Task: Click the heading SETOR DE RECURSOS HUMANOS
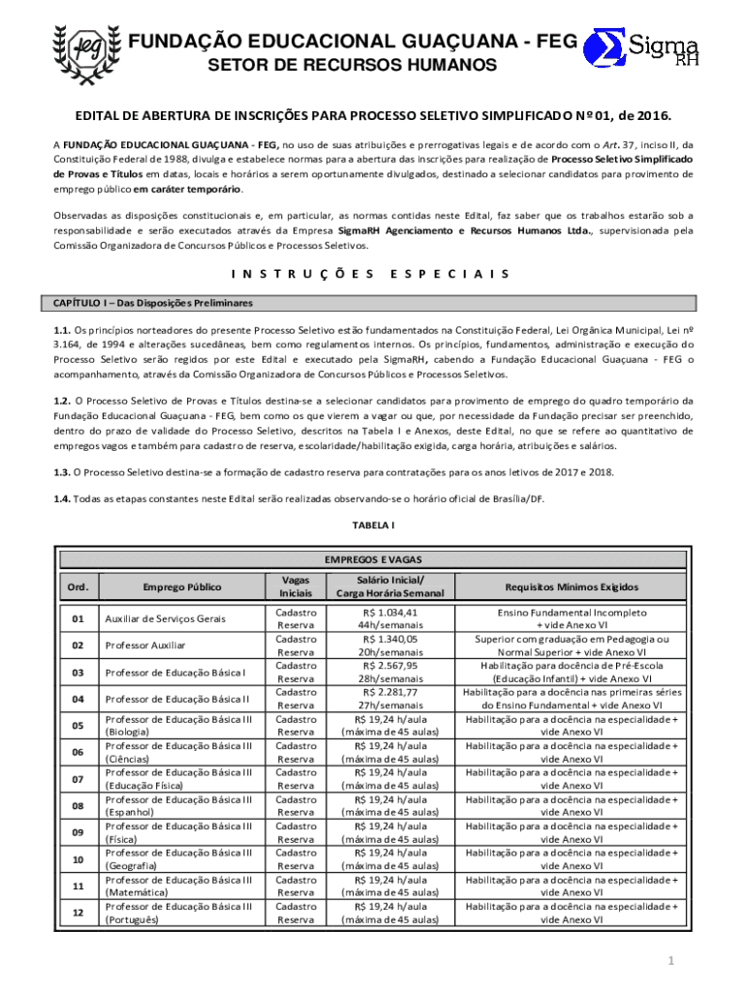click(x=354, y=66)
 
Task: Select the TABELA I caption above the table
click(x=372, y=525)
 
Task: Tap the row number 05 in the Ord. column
click(x=78, y=726)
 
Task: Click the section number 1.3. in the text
click(x=62, y=471)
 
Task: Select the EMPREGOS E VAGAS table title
click(x=372, y=559)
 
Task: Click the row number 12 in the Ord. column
click(x=78, y=913)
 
